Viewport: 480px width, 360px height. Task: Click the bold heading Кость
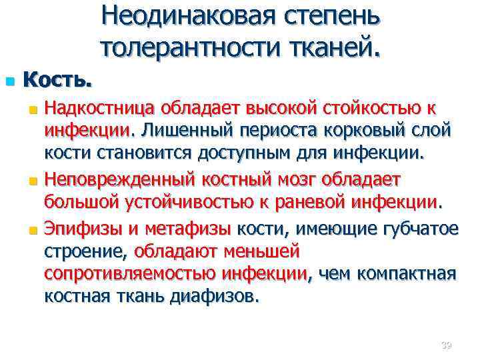click(57, 81)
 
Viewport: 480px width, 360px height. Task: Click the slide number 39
click(446, 345)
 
